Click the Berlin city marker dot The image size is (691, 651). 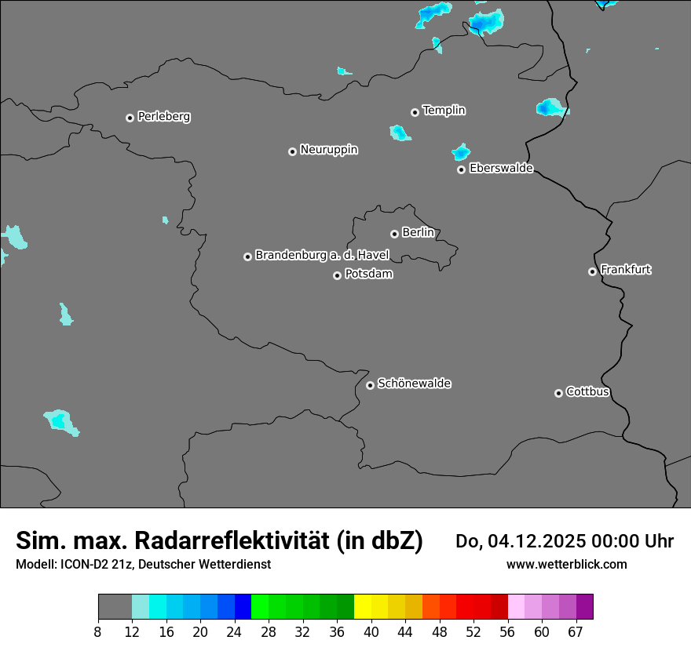pyautogui.click(x=394, y=234)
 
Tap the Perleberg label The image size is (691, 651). pyautogui.click(x=163, y=117)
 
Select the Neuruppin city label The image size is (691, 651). pyautogui.click(x=328, y=150)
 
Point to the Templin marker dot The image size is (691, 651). pyautogui.click(x=415, y=112)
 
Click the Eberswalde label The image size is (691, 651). pyautogui.click(x=501, y=169)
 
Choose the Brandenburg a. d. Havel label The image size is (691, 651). pyautogui.click(x=322, y=256)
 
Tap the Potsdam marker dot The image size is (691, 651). pyautogui.click(x=337, y=275)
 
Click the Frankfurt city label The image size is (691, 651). pyautogui.click(x=625, y=270)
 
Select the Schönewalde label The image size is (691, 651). pyautogui.click(x=414, y=384)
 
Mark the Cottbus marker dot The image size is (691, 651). pyautogui.click(x=558, y=393)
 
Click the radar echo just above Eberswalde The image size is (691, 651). pyautogui.click(x=461, y=151)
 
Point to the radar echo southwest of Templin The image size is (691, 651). pyautogui.click(x=400, y=133)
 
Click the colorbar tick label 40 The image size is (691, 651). pyautogui.click(x=371, y=632)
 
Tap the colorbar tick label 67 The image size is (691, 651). pyautogui.click(x=576, y=632)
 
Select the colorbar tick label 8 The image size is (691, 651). pyautogui.click(x=97, y=632)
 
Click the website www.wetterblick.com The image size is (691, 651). pyautogui.click(x=566, y=564)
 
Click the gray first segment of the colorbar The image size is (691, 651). pyautogui.click(x=115, y=607)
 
